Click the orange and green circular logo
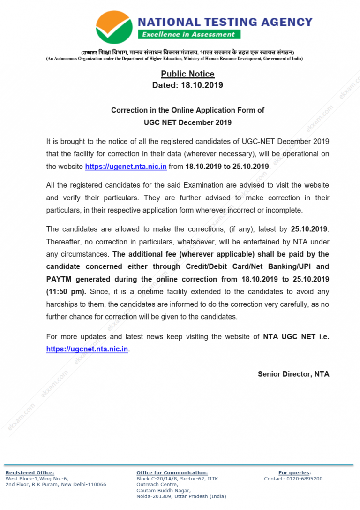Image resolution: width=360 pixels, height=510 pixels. [113, 27]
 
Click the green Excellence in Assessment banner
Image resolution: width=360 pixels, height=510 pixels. [189, 34]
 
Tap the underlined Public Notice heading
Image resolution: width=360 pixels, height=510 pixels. [187, 74]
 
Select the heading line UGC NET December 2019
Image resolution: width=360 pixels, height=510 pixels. [187, 122]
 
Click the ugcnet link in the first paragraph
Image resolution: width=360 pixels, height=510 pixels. [126, 167]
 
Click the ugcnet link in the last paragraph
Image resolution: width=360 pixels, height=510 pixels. [87, 349]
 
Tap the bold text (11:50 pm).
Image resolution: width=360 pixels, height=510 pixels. [66, 291]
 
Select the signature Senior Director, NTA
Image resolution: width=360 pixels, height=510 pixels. [293, 374]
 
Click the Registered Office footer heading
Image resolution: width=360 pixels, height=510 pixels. [30, 472]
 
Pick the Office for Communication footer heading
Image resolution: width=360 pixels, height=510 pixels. [172, 472]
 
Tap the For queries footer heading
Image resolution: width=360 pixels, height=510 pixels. [294, 472]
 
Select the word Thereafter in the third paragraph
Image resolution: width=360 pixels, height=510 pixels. [63, 242]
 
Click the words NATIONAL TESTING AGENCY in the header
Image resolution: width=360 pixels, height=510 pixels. [225, 22]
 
